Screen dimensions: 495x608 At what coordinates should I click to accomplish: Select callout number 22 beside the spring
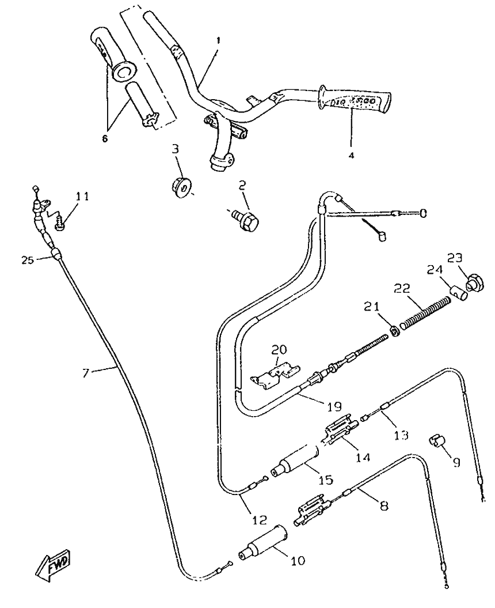(402, 289)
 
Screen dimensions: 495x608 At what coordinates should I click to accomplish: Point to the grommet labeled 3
(181, 188)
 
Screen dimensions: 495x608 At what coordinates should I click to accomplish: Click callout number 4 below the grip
(351, 156)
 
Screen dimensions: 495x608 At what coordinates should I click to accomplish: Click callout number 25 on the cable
(28, 260)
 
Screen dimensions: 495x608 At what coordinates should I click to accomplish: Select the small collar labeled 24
(459, 293)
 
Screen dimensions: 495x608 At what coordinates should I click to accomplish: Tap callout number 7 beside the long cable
(85, 373)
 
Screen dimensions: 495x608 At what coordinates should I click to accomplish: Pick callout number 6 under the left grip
(105, 139)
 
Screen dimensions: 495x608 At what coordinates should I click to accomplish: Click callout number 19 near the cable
(334, 406)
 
